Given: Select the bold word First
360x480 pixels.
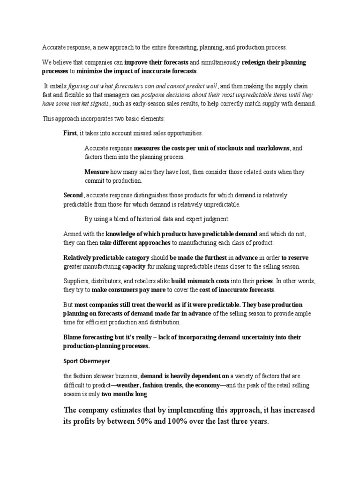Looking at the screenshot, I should [x=70, y=133].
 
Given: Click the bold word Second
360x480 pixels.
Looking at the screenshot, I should [x=74, y=195].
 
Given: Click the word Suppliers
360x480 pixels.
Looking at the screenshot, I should [x=76, y=281].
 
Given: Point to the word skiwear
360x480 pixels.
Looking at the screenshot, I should [x=112, y=376].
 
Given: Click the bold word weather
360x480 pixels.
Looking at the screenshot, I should [x=131, y=384].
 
